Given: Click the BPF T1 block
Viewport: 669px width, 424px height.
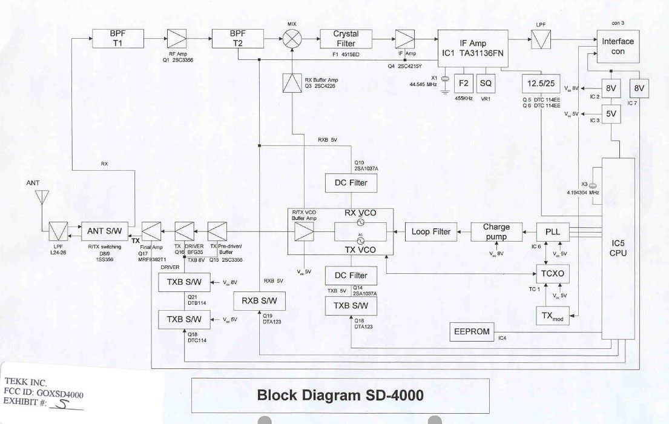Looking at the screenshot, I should tap(117, 39).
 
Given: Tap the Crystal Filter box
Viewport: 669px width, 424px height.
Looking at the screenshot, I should tap(346, 39).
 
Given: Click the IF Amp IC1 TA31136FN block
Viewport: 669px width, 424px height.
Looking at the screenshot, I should tap(473, 48).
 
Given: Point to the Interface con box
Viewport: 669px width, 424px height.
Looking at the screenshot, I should tap(618, 46).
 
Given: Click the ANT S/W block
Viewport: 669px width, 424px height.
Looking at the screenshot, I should tap(104, 231).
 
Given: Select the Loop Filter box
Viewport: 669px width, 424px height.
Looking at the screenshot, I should tap(431, 231).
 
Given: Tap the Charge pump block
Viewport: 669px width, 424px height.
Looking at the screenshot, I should tap(496, 231).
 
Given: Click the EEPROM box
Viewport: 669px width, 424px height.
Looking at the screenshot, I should tap(471, 331).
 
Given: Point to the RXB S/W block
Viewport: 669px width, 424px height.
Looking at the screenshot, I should tap(259, 300).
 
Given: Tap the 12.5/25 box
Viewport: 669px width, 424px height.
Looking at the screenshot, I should tap(542, 82).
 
